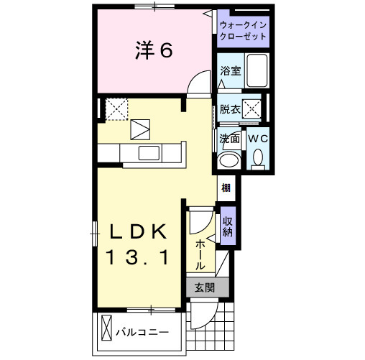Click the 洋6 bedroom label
[x=152, y=51]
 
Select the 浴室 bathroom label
[x=230, y=72]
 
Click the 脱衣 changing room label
[x=229, y=109]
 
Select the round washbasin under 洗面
[x=230, y=160]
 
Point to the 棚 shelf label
[x=226, y=188]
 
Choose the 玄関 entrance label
[x=204, y=288]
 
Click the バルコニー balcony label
[x=143, y=333]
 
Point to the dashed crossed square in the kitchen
[x=116, y=109]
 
